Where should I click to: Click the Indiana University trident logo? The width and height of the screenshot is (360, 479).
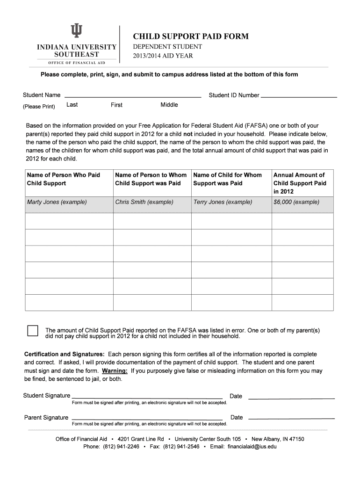click(76, 31)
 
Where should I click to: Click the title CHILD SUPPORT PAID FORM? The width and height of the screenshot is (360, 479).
click(191, 36)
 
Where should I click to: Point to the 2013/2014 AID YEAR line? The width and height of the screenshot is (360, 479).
click(163, 56)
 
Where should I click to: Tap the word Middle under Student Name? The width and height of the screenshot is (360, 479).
click(169, 105)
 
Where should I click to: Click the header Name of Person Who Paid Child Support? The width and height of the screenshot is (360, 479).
click(64, 179)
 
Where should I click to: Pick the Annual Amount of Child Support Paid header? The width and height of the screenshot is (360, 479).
click(300, 183)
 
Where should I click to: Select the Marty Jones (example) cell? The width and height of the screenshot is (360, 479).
click(57, 202)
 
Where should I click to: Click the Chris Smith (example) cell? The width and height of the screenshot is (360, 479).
click(144, 202)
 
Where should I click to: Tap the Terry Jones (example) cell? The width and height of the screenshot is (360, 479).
click(223, 202)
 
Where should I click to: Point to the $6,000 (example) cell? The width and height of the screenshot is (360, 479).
click(296, 202)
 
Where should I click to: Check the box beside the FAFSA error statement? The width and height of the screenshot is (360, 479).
click(33, 330)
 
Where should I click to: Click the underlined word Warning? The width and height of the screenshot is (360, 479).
click(115, 371)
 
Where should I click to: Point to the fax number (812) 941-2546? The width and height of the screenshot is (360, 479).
click(181, 446)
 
